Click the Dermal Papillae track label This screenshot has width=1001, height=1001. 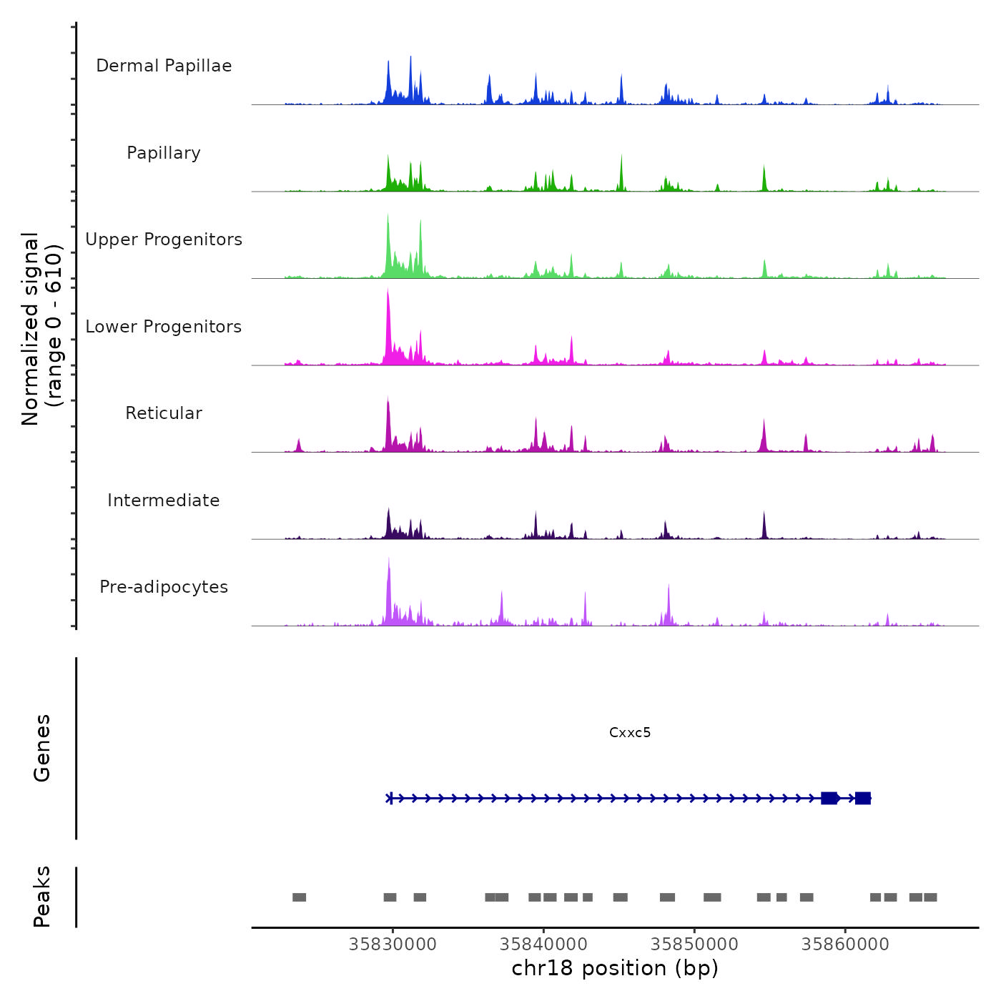pos(164,66)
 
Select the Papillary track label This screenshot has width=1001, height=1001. pos(164,153)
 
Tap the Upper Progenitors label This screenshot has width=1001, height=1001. pos(164,240)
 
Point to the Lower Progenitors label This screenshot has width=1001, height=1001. pos(164,327)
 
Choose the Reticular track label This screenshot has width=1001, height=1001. pos(164,413)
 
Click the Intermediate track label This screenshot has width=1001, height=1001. pos(164,500)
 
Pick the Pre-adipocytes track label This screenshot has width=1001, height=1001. pos(164,587)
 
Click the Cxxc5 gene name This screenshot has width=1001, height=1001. pos(630,732)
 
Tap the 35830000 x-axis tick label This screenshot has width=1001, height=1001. pos(393,944)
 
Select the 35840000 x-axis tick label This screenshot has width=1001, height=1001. pos(543,944)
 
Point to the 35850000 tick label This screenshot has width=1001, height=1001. pos(694,944)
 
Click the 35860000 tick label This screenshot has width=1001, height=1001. pos(845,944)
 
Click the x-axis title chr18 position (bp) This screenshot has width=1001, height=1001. pos(615,968)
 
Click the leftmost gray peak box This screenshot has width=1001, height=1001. pos(299,897)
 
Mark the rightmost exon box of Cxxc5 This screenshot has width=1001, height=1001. pos(863,798)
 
